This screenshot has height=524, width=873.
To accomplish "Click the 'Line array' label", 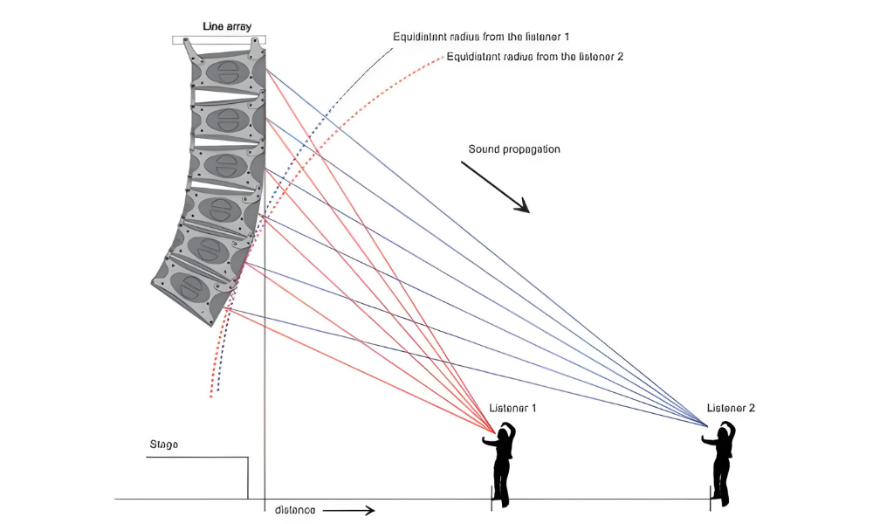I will click(x=227, y=27).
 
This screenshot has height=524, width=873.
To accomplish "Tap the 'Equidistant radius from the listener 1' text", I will click(x=481, y=37).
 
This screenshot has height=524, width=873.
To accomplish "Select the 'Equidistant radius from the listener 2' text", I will click(x=534, y=57).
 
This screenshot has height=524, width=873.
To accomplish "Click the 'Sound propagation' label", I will click(x=514, y=149).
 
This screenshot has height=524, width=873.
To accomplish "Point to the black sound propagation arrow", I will click(x=495, y=186).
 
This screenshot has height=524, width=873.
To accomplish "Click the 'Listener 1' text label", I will click(x=512, y=408).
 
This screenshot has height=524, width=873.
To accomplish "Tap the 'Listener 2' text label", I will click(x=731, y=408).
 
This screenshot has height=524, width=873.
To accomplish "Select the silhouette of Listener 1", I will click(x=502, y=467).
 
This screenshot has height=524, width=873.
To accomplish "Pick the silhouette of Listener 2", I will click(x=721, y=467).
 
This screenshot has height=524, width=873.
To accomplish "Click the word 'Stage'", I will click(x=163, y=445).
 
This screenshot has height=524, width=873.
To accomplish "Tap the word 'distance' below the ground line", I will click(x=294, y=509).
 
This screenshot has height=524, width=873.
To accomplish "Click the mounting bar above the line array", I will click(x=219, y=38).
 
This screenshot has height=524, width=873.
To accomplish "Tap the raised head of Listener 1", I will click(x=505, y=430).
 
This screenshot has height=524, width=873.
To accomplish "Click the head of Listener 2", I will click(x=725, y=430).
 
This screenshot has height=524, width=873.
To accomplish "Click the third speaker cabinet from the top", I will click(x=225, y=164).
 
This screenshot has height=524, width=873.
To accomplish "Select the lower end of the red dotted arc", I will click(x=210, y=396).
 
